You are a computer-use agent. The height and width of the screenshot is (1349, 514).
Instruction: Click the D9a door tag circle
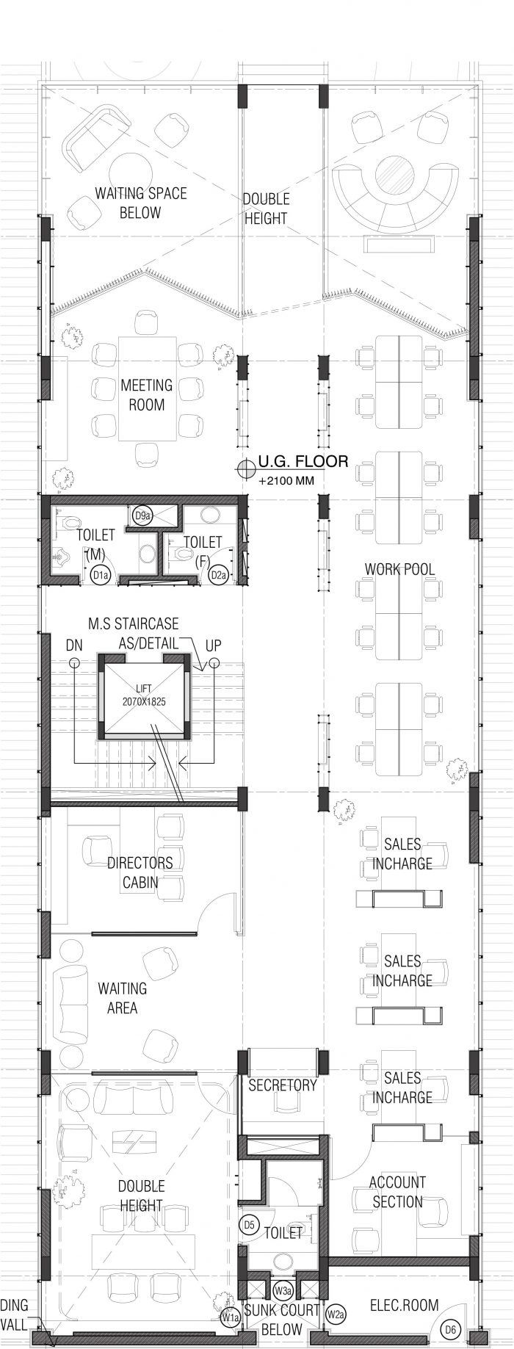(142, 516)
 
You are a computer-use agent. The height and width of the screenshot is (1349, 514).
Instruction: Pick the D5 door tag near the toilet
(249, 1225)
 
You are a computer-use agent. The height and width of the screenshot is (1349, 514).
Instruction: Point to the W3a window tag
(281, 1290)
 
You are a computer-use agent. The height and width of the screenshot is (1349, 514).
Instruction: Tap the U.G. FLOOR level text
(303, 463)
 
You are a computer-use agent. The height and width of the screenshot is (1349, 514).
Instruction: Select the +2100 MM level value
(286, 482)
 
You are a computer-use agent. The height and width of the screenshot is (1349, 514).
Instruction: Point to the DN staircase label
(74, 645)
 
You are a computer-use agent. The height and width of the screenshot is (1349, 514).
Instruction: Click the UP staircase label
(213, 645)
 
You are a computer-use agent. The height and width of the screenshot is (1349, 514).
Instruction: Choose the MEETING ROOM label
(147, 394)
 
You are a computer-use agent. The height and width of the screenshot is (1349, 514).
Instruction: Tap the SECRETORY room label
(283, 1084)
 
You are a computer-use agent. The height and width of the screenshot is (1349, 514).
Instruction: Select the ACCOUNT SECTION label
(397, 1192)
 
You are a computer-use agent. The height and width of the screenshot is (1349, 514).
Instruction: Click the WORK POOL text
(399, 569)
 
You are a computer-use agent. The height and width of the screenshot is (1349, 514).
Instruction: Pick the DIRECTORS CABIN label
(140, 872)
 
